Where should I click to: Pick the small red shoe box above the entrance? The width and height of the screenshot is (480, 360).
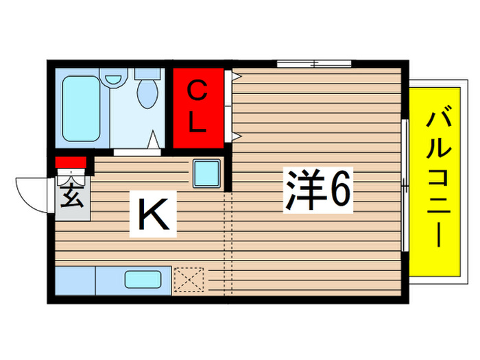click(70, 163)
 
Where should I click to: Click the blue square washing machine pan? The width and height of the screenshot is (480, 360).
click(206, 173)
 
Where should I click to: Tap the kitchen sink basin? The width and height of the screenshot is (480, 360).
click(143, 280)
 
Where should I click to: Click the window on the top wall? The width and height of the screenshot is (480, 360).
click(314, 64)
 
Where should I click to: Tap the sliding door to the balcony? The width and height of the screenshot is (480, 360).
click(405, 185)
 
